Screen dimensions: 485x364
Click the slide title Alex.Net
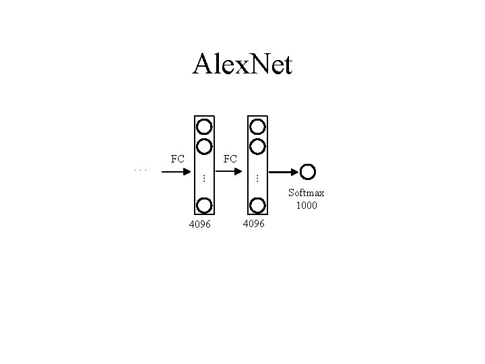tap(243, 65)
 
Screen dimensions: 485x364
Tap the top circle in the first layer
tap(204, 126)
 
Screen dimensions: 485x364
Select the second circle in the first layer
tap(204, 145)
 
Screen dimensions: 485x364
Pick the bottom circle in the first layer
tap(204, 205)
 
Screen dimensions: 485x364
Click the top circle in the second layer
tap(257, 126)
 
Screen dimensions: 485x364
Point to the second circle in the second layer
tap(257, 145)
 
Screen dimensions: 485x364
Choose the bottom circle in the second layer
tap(257, 205)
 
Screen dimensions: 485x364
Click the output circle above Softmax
tap(309, 173)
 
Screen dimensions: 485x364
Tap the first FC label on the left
tap(177, 160)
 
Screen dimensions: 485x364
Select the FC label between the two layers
tap(230, 160)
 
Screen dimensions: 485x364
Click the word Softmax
tap(306, 193)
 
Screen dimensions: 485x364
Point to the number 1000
tap(306, 205)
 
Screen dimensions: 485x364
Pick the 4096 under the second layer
tap(253, 222)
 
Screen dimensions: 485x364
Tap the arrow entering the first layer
tap(177, 172)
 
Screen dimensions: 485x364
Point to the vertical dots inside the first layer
tap(203, 177)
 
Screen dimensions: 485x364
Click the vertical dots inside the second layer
tap(257, 177)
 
